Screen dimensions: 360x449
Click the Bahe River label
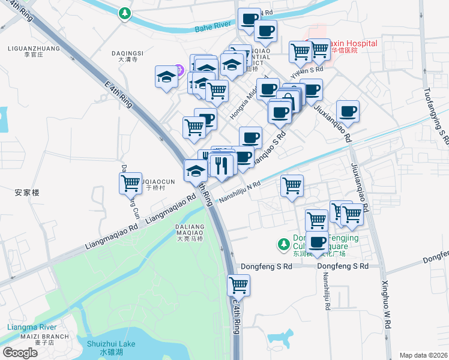(x=213, y=27)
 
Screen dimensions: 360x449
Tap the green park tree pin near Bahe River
(x=124, y=13)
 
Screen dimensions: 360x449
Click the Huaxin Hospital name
(x=345, y=43)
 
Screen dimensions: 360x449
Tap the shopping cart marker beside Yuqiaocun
(x=130, y=183)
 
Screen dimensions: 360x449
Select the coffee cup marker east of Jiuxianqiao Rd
(x=348, y=111)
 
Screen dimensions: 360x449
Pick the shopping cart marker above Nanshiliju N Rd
(x=292, y=185)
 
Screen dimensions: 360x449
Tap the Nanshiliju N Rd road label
(x=240, y=191)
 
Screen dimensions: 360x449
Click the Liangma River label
(x=32, y=327)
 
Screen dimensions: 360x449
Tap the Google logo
(x=20, y=353)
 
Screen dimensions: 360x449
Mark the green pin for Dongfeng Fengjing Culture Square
(x=283, y=244)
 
